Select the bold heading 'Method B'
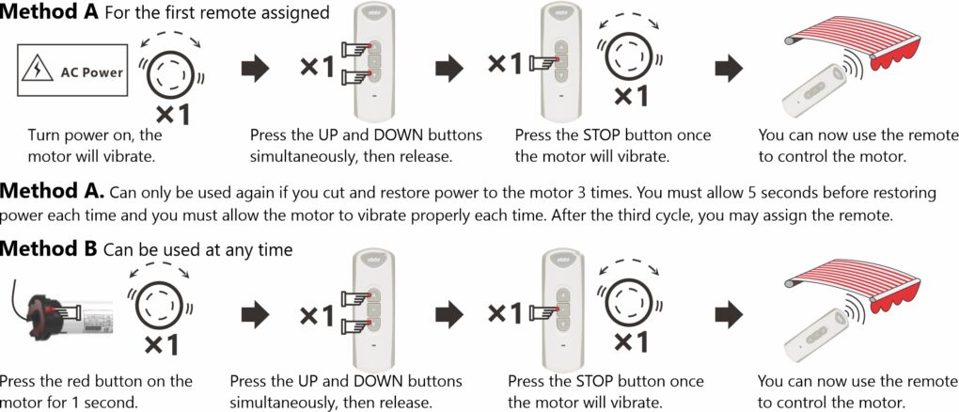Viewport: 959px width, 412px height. click(49, 250)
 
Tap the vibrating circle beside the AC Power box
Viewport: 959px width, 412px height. click(170, 68)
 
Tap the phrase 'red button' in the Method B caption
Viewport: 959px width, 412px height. click(122, 381)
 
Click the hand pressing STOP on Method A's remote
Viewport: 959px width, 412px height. click(542, 63)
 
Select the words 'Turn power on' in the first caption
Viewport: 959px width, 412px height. click(75, 135)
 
